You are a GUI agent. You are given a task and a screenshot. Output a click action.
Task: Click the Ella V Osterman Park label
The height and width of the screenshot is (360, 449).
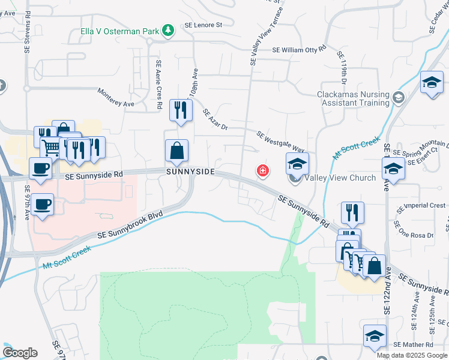click(x=122, y=30)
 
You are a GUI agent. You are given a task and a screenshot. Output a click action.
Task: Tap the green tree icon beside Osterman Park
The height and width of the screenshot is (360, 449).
click(x=169, y=29)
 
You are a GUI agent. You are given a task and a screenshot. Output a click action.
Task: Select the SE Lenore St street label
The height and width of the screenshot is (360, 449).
click(x=203, y=25)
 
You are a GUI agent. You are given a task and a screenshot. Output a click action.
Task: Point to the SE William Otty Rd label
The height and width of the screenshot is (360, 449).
click(x=299, y=50)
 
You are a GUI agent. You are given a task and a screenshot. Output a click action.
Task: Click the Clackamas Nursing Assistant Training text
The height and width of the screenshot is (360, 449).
click(x=354, y=98)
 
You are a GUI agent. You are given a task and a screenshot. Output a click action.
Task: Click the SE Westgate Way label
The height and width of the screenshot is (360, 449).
click(x=281, y=142)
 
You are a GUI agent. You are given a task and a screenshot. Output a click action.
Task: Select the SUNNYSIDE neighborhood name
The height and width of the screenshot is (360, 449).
click(x=190, y=172)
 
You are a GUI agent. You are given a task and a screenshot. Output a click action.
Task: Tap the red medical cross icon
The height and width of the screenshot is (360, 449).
click(x=262, y=172)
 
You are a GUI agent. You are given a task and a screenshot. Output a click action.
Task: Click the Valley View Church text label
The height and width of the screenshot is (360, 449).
click(x=340, y=178)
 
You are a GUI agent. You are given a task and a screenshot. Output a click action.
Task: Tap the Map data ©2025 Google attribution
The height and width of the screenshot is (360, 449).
click(x=412, y=355)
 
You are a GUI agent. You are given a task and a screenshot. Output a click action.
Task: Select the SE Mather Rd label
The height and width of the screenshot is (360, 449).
click(x=414, y=345)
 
